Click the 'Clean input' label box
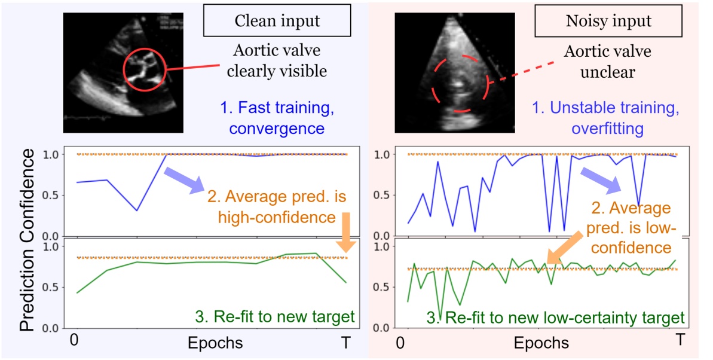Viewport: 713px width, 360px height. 277,22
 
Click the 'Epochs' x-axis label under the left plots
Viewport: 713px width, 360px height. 215,343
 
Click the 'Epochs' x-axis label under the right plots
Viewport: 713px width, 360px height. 541,343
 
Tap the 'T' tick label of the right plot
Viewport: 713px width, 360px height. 680,339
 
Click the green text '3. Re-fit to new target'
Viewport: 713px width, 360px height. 275,316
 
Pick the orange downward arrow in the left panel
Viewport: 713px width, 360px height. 346,232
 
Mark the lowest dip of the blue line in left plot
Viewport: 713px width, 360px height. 137,210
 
